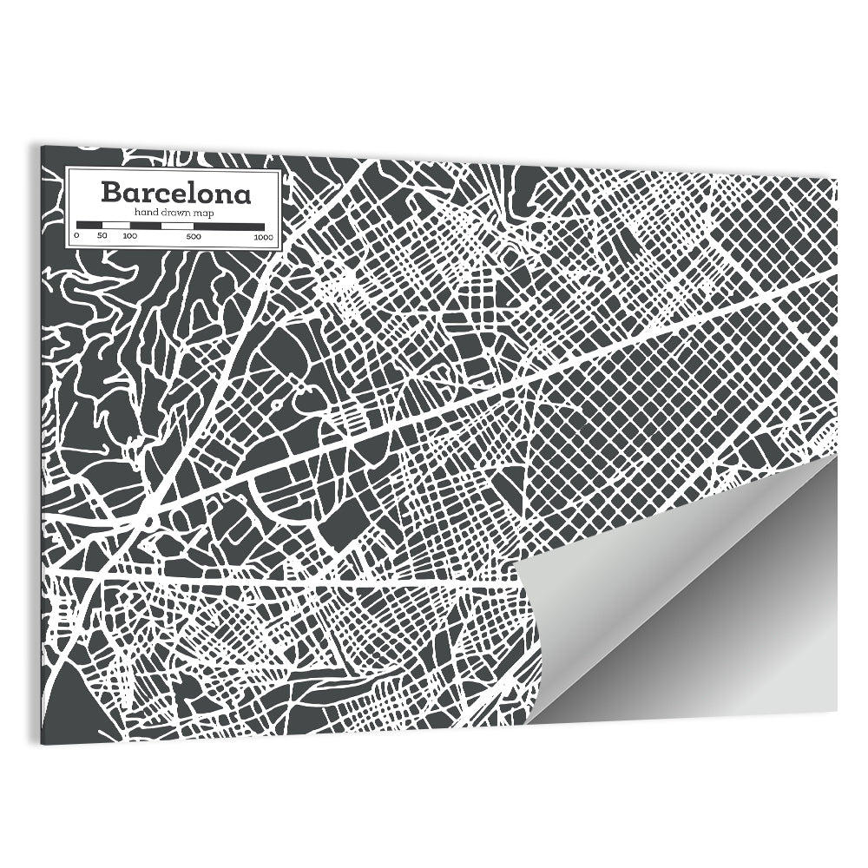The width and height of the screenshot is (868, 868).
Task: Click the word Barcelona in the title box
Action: [175, 192]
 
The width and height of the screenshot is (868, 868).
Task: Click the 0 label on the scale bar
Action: [76, 236]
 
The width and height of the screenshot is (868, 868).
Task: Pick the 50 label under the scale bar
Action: [102, 236]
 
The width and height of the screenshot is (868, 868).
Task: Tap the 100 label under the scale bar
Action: [129, 236]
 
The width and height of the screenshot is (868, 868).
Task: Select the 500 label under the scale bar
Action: [193, 236]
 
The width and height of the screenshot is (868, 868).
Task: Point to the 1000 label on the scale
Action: [264, 236]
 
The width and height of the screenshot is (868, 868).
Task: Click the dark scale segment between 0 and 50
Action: [89, 226]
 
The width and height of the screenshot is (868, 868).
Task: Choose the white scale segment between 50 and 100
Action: [115, 226]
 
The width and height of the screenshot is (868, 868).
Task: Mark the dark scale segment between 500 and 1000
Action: [229, 226]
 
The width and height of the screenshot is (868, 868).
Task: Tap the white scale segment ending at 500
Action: [177, 226]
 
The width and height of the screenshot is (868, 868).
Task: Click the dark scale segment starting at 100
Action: [145, 226]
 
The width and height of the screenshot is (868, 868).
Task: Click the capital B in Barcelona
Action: [112, 192]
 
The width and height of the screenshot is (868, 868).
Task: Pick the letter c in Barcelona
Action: [163, 194]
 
